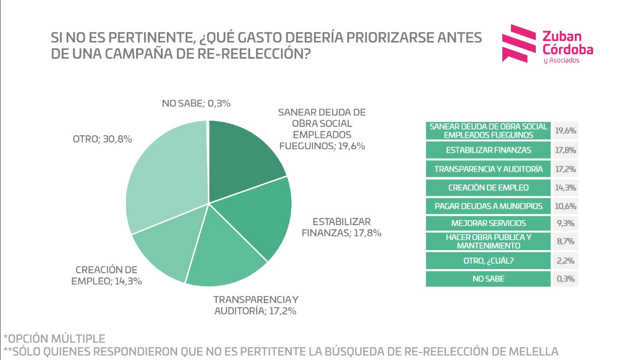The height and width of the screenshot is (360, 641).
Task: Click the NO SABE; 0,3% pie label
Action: (196, 103)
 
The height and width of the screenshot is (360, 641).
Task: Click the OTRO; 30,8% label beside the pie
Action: (102, 139)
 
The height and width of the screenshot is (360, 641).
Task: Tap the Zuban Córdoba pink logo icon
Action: (519, 43)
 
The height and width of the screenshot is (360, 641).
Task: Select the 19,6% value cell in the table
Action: (565, 131)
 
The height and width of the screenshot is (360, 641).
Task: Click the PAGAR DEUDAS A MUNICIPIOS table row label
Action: (488, 206)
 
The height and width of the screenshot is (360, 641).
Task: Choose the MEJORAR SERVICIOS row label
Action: (488, 223)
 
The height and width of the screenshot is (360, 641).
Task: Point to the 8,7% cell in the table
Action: (565, 241)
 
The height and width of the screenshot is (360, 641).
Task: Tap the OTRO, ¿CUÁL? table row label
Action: (488, 261)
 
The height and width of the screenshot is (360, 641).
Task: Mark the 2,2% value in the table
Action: (565, 261)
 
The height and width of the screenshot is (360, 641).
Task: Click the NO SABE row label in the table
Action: (488, 279)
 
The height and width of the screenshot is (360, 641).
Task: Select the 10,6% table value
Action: (565, 206)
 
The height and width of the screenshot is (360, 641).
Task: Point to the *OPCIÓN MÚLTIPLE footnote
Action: (55, 339)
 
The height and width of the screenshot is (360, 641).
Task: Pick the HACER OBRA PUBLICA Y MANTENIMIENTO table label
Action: (488, 241)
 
